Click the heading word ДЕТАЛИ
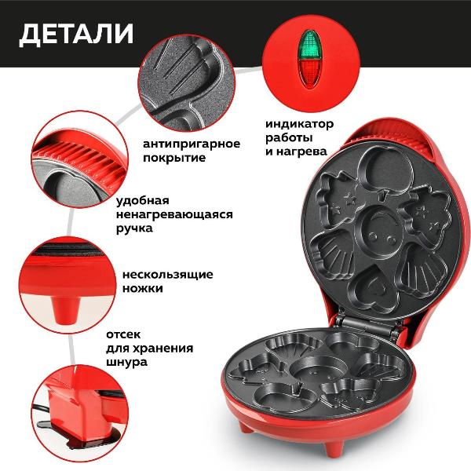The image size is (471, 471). [76, 34]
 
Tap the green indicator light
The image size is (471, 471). [310, 44]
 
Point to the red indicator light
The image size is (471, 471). [310, 73]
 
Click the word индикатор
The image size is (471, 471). [300, 124]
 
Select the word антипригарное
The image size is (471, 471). [192, 144]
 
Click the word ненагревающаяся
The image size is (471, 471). [174, 214]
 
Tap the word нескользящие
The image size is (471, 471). [168, 275]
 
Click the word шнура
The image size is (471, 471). [126, 362]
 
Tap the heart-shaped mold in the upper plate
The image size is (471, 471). [372, 288]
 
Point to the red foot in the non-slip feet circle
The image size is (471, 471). [66, 310]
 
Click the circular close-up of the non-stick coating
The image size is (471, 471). [187, 82]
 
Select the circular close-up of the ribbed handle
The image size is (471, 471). [80, 159]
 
